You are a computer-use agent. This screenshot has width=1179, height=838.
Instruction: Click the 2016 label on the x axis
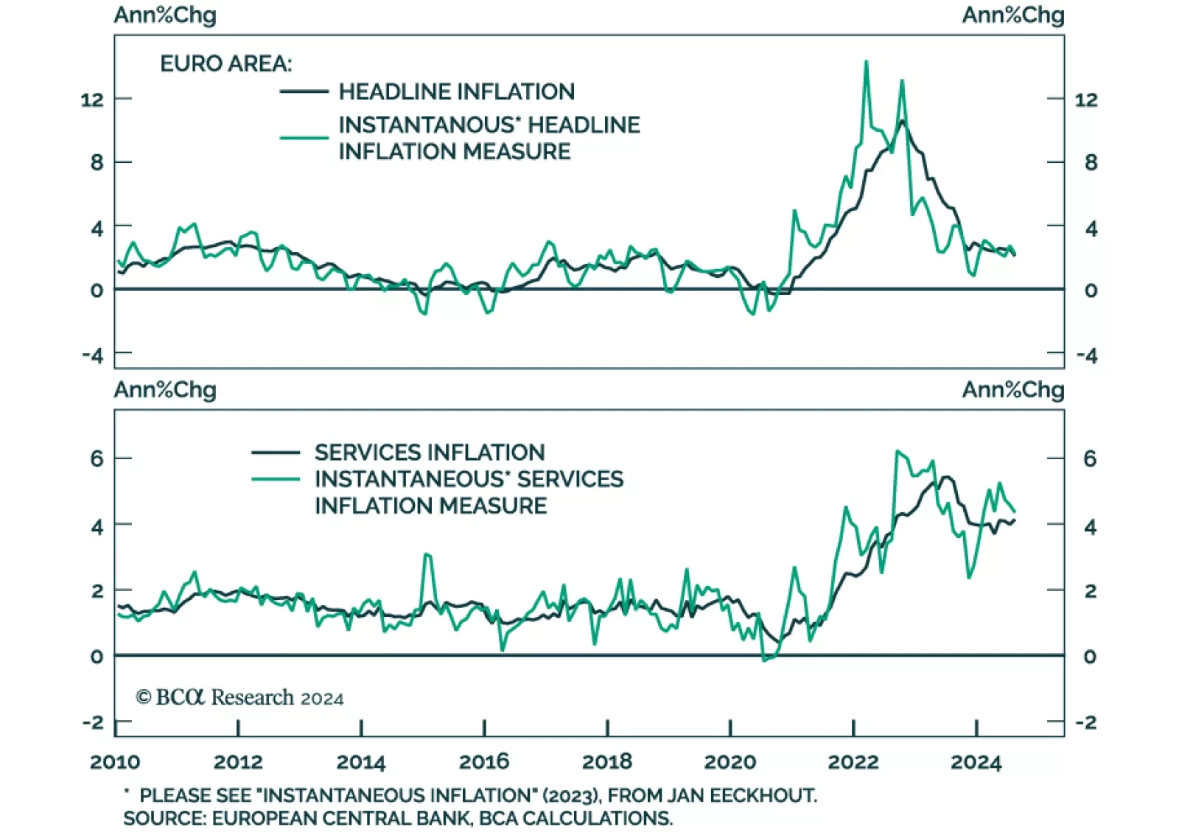click(x=483, y=761)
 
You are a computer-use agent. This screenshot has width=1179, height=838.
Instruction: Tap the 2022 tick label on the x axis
click(x=853, y=761)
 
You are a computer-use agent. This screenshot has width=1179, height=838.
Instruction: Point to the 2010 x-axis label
click(x=115, y=761)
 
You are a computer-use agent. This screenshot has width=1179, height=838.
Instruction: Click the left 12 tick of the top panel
click(x=92, y=99)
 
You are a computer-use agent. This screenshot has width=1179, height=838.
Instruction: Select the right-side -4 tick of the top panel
click(x=1086, y=356)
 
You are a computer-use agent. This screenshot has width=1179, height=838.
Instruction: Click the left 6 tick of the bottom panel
click(x=97, y=458)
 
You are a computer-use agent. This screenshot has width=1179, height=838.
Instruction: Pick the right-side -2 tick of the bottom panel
click(x=1086, y=722)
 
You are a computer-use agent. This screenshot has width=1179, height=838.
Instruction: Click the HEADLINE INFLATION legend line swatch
click(x=304, y=91)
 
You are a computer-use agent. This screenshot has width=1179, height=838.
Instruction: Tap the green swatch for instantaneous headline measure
click(x=304, y=137)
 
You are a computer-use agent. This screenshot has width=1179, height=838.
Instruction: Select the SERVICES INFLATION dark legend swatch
click(x=276, y=452)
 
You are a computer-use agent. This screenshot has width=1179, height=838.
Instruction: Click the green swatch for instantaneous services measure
click(x=276, y=479)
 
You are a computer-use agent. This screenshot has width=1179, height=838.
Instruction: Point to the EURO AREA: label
click(x=225, y=64)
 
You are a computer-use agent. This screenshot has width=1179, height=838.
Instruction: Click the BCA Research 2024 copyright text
click(x=239, y=697)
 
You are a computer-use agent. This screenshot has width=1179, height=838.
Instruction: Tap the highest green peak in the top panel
click(x=866, y=62)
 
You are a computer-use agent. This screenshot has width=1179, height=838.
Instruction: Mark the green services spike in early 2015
click(x=427, y=554)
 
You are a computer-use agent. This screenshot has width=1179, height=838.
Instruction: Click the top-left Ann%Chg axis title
click(x=165, y=15)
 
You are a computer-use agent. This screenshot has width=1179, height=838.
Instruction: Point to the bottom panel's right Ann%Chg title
click(x=1012, y=390)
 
